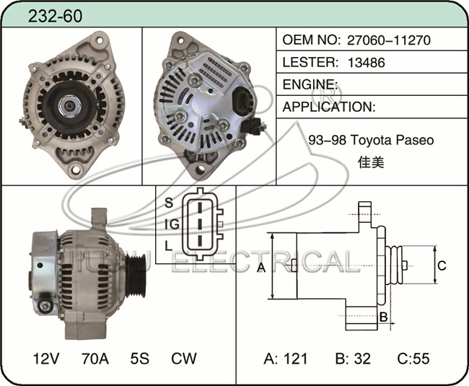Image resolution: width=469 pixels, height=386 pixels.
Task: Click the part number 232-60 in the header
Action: (55, 16)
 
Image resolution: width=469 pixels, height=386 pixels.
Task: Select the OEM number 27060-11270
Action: (388, 40)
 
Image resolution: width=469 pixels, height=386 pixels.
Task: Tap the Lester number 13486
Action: (367, 63)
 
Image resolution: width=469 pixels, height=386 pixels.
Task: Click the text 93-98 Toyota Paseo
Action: (371, 140)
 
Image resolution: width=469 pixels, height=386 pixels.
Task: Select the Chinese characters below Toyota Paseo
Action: (371, 162)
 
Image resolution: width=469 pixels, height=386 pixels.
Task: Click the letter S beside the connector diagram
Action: (169, 203)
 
